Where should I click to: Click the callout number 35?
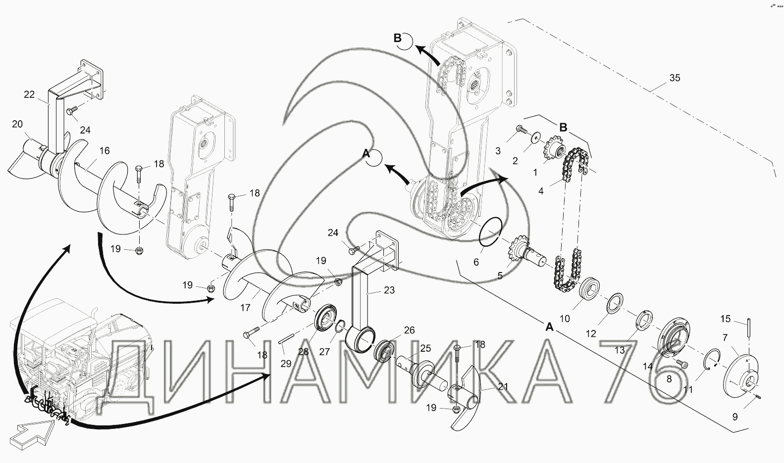coord(675,78)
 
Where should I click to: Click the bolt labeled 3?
coord(522,130)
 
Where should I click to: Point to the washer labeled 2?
coord(536,138)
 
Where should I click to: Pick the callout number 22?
coord(29,94)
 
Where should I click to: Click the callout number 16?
coord(105,151)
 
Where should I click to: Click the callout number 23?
coord(389,290)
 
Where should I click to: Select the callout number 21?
coord(503,386)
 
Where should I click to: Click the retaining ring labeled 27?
coord(341,327)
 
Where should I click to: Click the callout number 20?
coord(17,124)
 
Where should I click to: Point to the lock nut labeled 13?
coord(644,320)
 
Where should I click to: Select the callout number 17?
coord(245,308)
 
